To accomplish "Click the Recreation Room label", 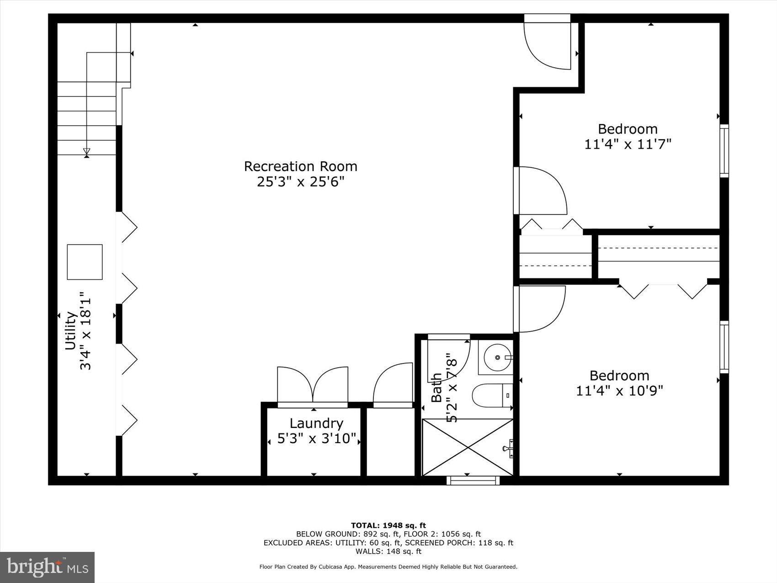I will tap(300, 166).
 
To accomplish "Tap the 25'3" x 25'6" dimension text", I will tap(300, 182).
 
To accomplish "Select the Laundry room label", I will tap(316, 423).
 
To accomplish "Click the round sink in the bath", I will tap(495, 357).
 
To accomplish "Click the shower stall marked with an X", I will tap(467, 447).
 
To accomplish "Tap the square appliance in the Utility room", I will tap(85, 262).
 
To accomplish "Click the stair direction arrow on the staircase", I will tap(86, 152).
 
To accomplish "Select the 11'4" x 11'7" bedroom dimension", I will tap(628, 144).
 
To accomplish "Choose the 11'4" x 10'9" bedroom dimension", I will tap(619, 391).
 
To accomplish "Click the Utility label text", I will tap(70, 331).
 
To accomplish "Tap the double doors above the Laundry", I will tap(313, 385).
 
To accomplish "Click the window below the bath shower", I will tap(473, 480).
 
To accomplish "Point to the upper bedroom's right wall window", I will tap(724, 150).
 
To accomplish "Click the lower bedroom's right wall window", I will tap(724, 347).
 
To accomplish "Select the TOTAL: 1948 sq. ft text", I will tap(388, 525).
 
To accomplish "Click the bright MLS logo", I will tap(48, 567).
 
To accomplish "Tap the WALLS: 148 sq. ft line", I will tap(388, 551).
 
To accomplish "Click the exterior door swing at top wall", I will tap(548, 46).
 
